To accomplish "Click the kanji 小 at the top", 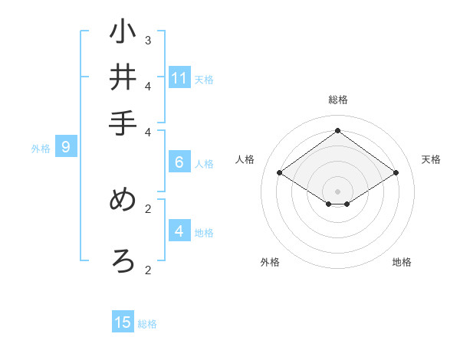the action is (x=123, y=32).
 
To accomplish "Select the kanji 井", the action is (x=123, y=77).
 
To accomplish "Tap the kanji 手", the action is (x=123, y=123).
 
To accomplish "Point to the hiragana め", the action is (x=123, y=200).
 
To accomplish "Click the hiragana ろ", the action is (x=123, y=260).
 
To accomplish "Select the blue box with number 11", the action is (x=179, y=78).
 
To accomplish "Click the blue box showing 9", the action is (x=66, y=148).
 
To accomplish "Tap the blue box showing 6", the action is (x=179, y=162).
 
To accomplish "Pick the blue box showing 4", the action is (x=179, y=231).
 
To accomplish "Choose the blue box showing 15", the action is (x=123, y=322).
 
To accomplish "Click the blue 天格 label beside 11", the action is (x=204, y=80).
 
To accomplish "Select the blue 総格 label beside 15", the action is (x=147, y=324).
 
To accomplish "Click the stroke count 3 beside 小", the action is (x=148, y=40).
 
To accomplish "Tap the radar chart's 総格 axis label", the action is (x=338, y=100).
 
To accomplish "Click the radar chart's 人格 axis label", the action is (x=245, y=159).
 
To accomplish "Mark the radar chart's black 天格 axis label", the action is (x=431, y=159).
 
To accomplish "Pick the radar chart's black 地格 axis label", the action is (x=402, y=262).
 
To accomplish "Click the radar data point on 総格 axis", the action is (x=337, y=130).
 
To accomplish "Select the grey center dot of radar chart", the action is (x=337, y=191).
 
